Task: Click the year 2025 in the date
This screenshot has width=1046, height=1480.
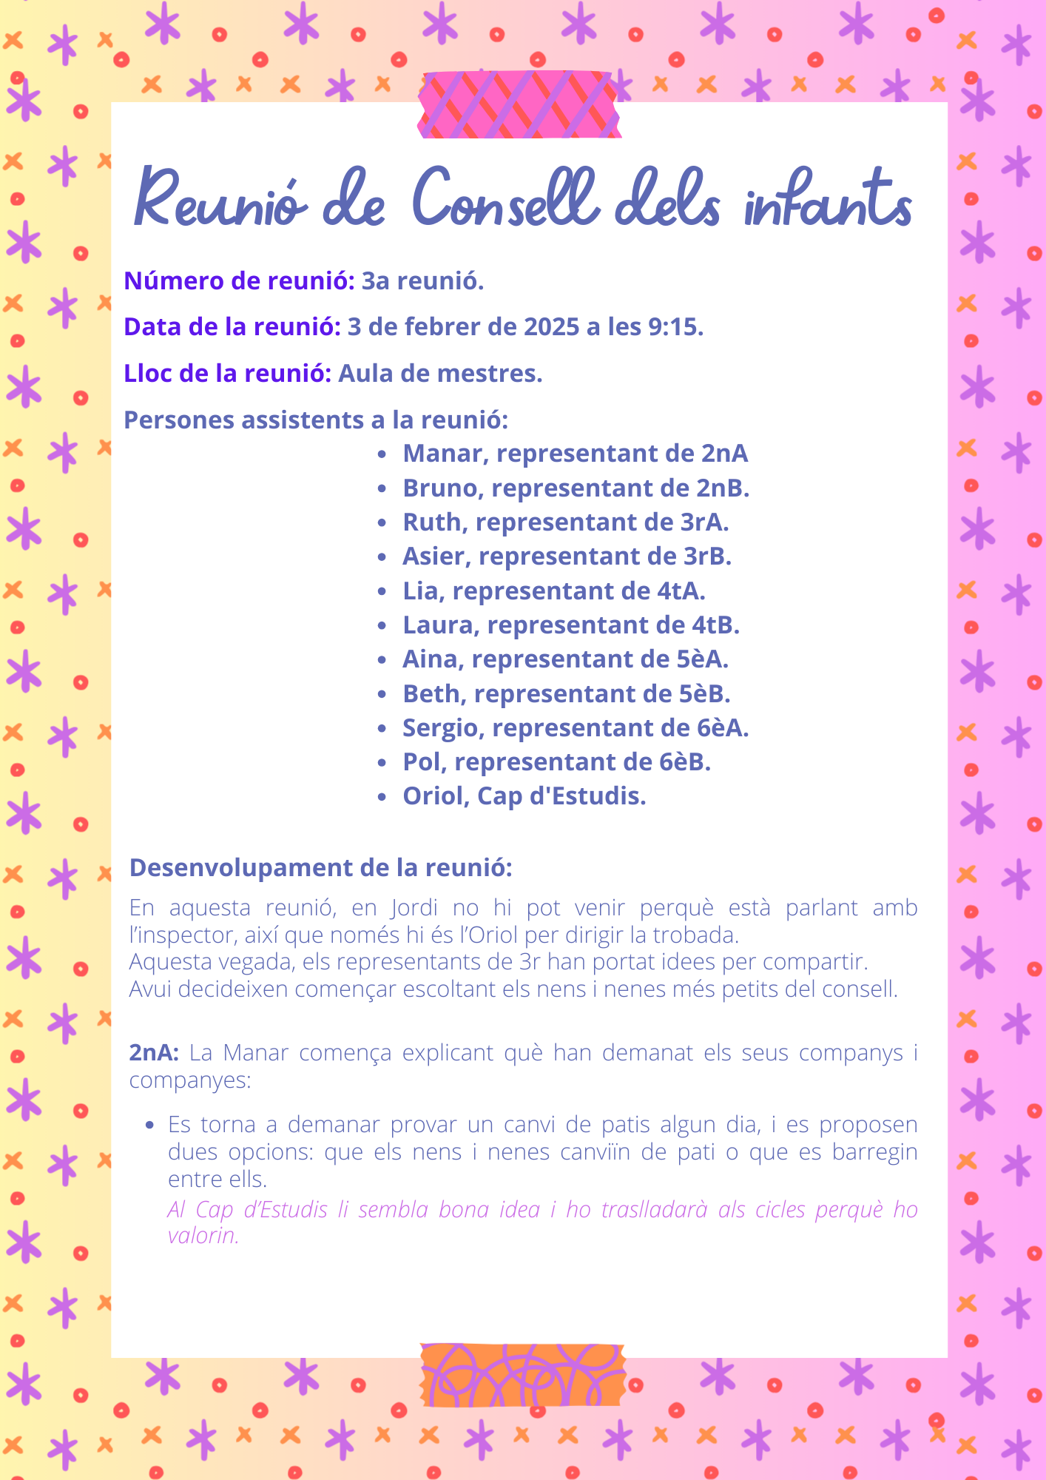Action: point(552,326)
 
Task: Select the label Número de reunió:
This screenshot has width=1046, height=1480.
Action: point(239,280)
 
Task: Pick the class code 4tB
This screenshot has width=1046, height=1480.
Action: point(715,625)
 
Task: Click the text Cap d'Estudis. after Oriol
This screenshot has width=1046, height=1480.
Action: point(561,796)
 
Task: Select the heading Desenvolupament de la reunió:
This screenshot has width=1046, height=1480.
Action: point(320,867)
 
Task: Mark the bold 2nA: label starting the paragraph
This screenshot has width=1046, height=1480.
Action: point(154,1052)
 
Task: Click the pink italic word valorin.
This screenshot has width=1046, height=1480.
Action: point(203,1236)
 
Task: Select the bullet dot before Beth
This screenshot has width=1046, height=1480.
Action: point(382,695)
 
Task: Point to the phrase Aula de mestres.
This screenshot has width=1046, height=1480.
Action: point(440,373)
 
